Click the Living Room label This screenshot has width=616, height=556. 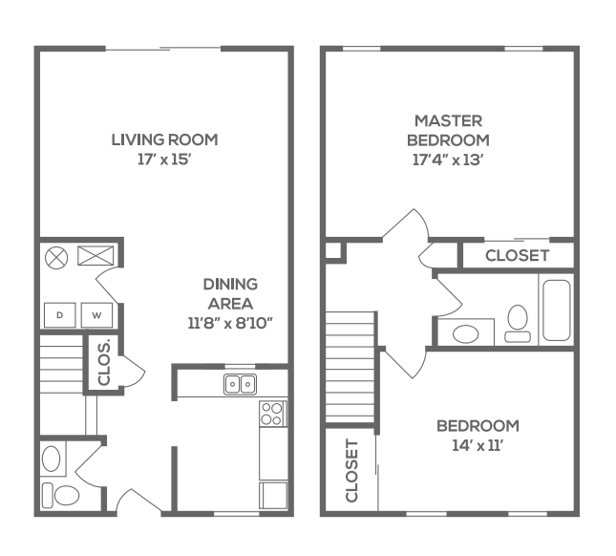pos(164,139)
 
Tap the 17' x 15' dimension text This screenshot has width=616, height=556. pos(164,160)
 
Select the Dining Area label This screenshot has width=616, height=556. pos(230,293)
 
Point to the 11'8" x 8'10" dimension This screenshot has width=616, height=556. pos(230,323)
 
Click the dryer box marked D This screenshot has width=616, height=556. pos(59,314)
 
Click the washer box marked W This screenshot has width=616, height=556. pos(96,314)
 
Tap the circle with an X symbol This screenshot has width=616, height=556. pos(56,256)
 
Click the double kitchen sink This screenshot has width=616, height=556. pos(240,384)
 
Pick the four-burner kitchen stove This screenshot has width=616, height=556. pos(272,414)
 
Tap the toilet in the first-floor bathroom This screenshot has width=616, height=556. pos(63,495)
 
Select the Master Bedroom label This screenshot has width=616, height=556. pos(449,130)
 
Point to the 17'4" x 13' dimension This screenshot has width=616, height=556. pos(449,160)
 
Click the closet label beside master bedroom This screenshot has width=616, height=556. pos(517,255)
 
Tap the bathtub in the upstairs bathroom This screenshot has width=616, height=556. pos(555,310)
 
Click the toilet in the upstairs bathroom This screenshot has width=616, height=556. pos(518,321)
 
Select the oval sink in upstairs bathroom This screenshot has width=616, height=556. pos(467,333)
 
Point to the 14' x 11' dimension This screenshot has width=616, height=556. pos(478,445)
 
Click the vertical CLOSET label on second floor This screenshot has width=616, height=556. pos(350,471)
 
